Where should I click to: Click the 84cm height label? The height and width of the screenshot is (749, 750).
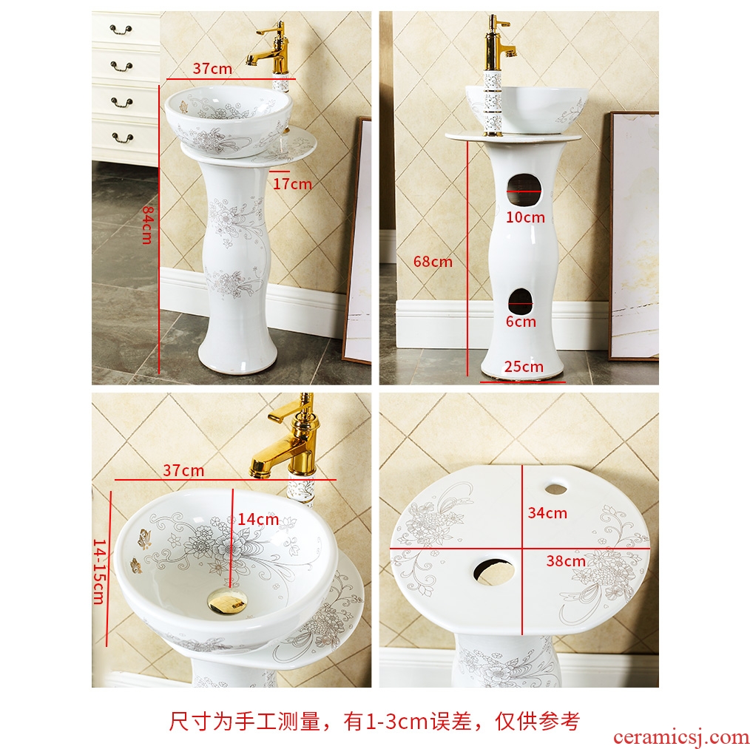(x=147, y=225)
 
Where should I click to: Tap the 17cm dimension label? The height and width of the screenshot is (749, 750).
(x=292, y=184)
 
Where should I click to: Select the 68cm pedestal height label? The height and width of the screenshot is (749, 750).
(x=433, y=262)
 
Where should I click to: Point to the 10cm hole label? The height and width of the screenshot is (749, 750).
(x=525, y=217)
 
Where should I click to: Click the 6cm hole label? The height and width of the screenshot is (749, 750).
(x=521, y=322)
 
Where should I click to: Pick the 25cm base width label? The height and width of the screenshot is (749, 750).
(x=524, y=367)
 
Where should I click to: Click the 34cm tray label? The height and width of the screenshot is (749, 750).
(x=547, y=513)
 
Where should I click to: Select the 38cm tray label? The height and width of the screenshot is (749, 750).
(x=566, y=561)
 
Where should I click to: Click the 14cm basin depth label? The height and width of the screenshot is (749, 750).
(x=258, y=520)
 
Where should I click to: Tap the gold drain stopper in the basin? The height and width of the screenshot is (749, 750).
(x=227, y=601)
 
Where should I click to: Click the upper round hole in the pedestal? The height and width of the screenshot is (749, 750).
(x=524, y=190)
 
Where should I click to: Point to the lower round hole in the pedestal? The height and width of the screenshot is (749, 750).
(x=521, y=302)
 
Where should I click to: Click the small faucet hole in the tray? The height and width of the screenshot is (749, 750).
(x=555, y=489)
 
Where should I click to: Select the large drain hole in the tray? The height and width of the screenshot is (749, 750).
(x=494, y=571)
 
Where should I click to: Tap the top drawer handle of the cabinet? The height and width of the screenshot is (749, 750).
(x=121, y=30)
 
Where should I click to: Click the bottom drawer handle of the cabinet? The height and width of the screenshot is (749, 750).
(x=123, y=138)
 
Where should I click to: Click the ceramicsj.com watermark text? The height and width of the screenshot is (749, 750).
(x=681, y=737)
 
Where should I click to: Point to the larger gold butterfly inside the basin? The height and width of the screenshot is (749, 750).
(x=144, y=538)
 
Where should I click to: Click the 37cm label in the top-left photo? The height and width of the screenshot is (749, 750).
(x=212, y=69)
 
